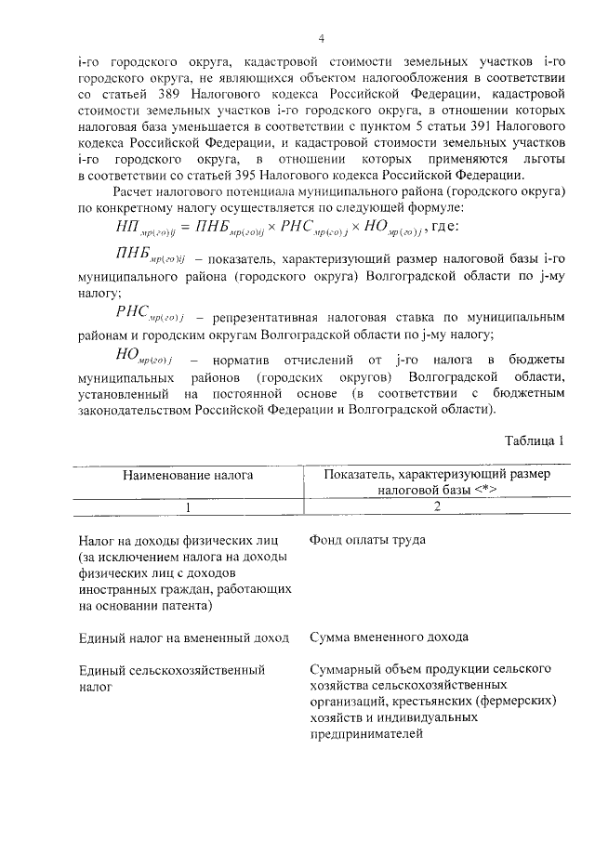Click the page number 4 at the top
click(x=320, y=38)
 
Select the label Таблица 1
click(x=535, y=440)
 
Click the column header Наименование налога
click(x=189, y=475)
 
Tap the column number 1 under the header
click(x=189, y=507)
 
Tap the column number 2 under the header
click(x=436, y=507)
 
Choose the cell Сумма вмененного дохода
click(x=388, y=637)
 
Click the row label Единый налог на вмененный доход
click(x=184, y=637)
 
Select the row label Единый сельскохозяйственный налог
click(x=171, y=677)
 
